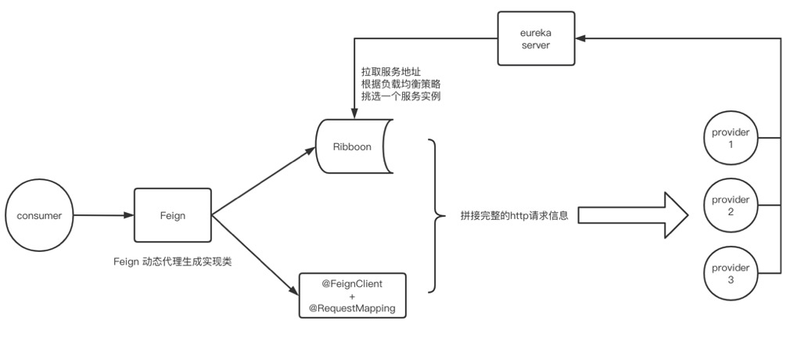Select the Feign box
click(x=173, y=215)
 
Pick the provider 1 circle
click(x=731, y=139)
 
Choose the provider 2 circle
click(x=731, y=206)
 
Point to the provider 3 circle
click(x=731, y=274)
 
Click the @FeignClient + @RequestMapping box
click(x=352, y=294)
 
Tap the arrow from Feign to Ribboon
click(x=262, y=182)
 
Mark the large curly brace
click(x=433, y=216)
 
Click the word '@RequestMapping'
click(x=352, y=308)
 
